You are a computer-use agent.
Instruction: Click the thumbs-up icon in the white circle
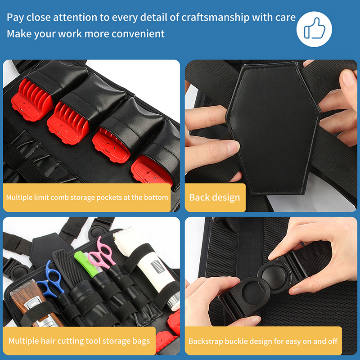314,29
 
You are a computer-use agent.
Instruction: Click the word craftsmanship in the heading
215,18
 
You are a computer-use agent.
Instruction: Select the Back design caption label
215,198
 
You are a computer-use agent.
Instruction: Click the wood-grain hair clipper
35,303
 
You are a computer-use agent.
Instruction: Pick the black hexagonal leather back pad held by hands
273,129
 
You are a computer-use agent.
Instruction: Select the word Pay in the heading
15,18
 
